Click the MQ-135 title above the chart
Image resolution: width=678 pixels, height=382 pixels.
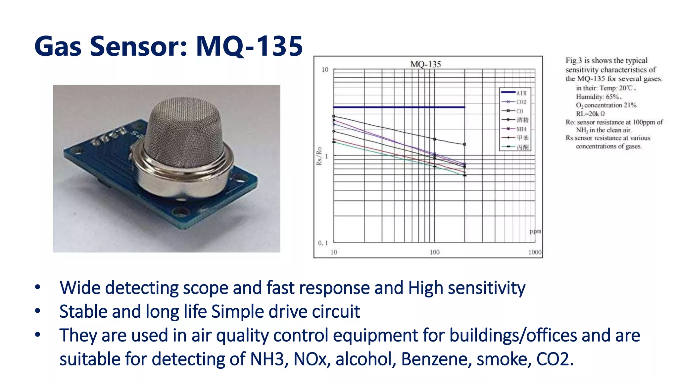[425, 64]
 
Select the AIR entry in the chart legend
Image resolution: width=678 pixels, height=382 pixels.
[521, 93]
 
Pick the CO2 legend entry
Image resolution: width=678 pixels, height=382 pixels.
[521, 102]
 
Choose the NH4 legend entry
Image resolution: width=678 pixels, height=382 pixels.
[521, 129]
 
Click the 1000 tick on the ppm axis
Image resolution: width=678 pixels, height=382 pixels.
[535, 252]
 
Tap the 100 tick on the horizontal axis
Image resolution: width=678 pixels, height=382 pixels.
[434, 252]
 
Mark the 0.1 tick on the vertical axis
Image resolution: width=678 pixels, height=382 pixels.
[323, 243]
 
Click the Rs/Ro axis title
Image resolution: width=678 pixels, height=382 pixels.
[319, 156]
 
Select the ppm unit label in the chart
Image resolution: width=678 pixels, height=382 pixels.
[535, 231]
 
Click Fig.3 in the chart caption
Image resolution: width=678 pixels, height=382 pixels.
[573, 61]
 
